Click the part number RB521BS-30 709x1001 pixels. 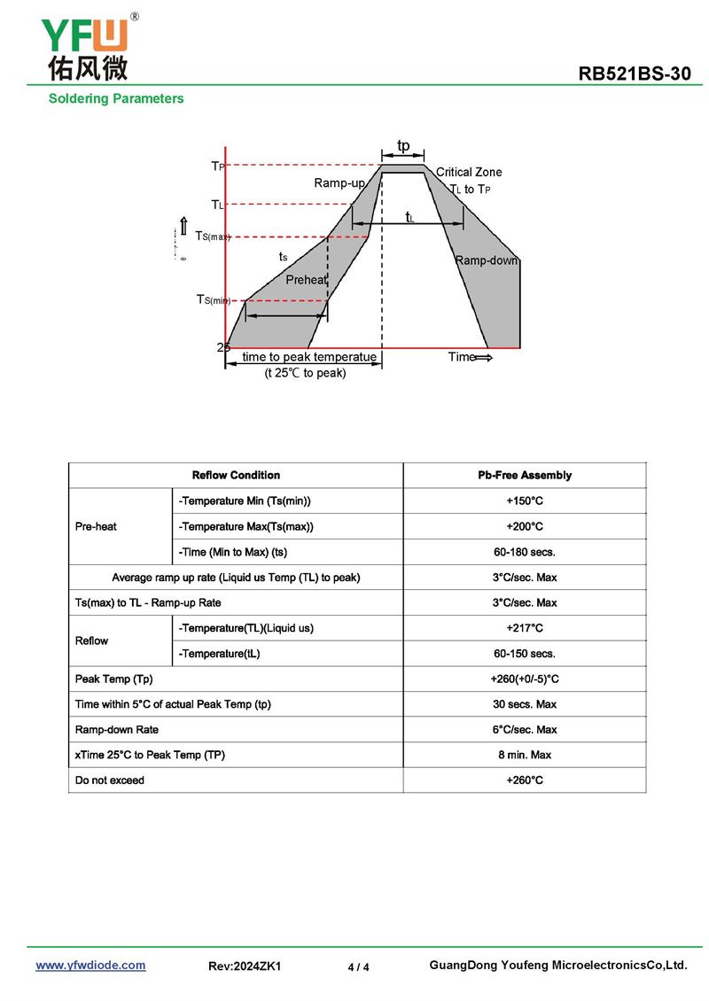point(635,74)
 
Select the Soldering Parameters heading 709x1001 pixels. point(116,98)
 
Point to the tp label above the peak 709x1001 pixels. point(403,145)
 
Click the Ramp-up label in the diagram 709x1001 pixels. point(339,183)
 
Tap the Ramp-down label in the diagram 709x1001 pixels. point(487,260)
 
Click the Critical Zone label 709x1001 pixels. point(469,172)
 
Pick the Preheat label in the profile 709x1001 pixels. point(306,280)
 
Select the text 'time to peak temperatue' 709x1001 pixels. point(309,357)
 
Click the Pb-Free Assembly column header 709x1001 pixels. point(525,476)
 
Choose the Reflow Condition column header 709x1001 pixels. point(236,476)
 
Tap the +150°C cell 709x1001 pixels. point(525,501)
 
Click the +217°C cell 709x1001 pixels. point(525,628)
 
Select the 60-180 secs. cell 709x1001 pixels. point(525,552)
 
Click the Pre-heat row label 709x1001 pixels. point(96,526)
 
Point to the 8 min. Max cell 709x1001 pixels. point(525,755)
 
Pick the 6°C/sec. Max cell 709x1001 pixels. point(525,730)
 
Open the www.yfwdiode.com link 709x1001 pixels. point(90,966)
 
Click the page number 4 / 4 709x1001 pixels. point(358,967)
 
